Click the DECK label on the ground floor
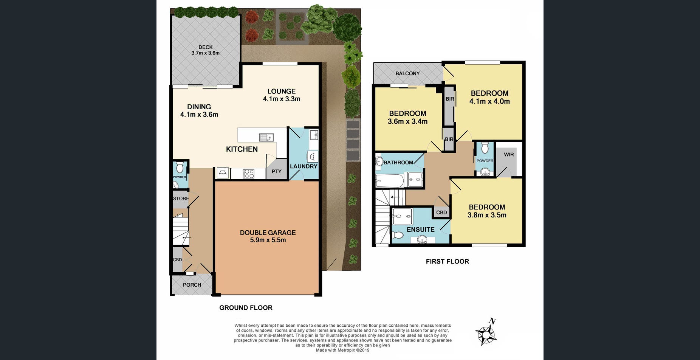coord(205,47)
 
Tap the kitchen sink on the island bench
coord(266,137)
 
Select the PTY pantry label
coord(276,171)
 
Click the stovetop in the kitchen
coord(248,174)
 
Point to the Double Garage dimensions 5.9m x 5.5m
coord(268,240)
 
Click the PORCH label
coord(192,285)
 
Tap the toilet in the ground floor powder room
coord(180,167)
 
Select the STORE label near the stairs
coord(181,199)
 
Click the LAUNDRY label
coord(303,166)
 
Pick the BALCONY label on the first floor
coord(407,73)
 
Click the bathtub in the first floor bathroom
coord(390,181)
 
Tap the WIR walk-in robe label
coord(509,154)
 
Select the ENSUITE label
coord(420,230)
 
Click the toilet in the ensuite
coord(397,235)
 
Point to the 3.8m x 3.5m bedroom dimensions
coord(487,215)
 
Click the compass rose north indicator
coord(486,333)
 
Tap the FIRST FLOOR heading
coord(447,261)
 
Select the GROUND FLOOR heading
coord(246,308)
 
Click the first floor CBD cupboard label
coord(441,213)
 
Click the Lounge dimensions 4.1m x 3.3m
coord(281,99)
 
